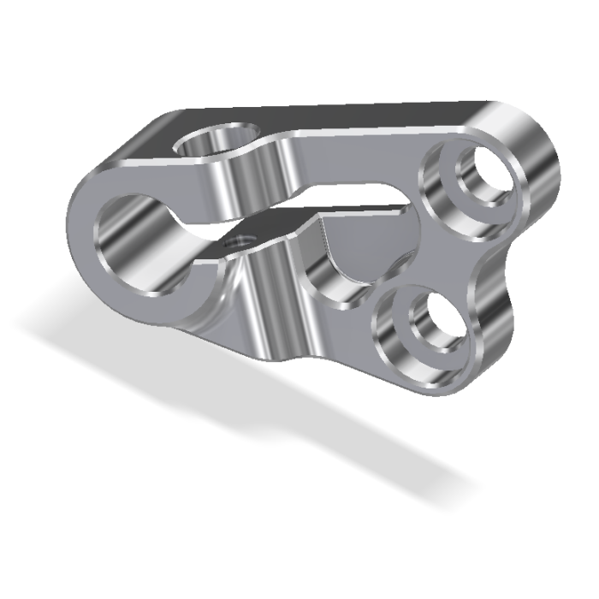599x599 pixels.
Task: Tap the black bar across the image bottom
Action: (299, 565)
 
